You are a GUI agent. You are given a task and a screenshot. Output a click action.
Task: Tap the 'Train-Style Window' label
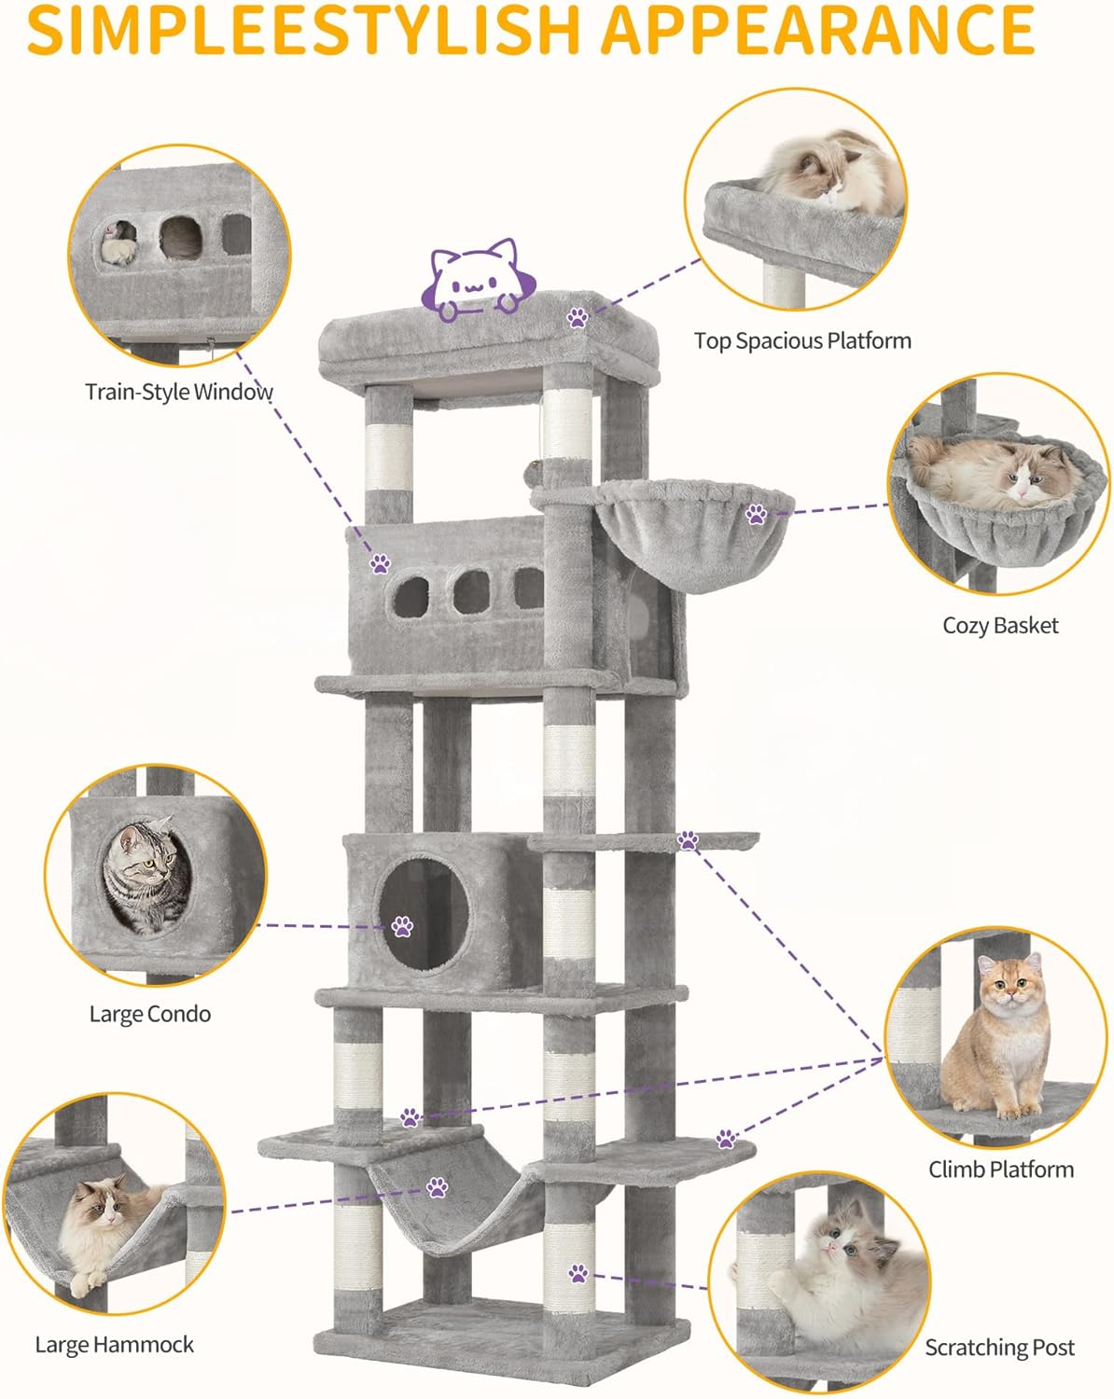click(x=178, y=392)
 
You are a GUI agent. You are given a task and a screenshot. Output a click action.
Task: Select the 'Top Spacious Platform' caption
click(x=802, y=341)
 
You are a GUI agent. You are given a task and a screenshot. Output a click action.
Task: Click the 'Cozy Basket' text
click(x=1000, y=625)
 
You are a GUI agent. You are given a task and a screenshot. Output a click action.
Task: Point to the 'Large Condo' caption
click(x=150, y=1014)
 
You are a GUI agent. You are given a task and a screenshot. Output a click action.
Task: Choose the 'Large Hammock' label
click(x=114, y=1344)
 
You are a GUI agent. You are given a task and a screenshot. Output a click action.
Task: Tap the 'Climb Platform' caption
click(x=1000, y=1169)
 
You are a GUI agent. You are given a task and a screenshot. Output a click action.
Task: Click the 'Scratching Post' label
click(x=999, y=1348)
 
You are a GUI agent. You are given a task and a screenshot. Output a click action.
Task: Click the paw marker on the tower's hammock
click(x=437, y=1187)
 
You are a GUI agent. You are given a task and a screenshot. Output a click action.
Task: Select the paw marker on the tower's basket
click(x=756, y=513)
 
